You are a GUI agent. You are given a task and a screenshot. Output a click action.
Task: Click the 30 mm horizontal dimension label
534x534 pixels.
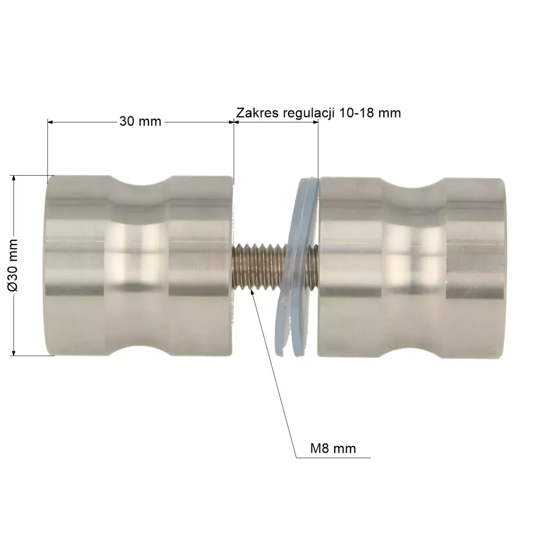click(140, 121)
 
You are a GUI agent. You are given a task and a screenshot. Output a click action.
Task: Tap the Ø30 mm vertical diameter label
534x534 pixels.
click(12, 265)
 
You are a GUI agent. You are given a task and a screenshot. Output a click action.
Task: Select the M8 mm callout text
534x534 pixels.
click(333, 448)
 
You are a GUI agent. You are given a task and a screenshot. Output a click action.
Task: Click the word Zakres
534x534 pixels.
click(258, 113)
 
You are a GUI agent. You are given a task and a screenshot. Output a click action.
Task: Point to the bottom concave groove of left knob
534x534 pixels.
click(141, 351)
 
